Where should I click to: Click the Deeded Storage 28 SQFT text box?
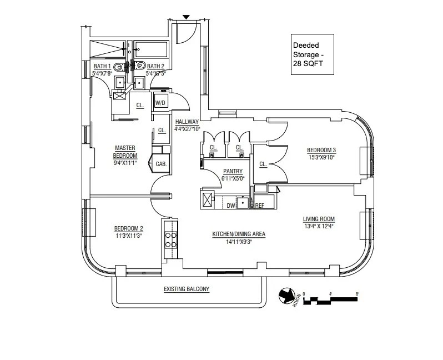tap(314, 54)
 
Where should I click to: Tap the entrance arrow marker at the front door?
tap(186, 18)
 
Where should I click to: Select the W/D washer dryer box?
tap(160, 102)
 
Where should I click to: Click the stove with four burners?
tap(170, 239)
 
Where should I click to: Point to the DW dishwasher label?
tap(231, 206)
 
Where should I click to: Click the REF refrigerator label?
tap(259, 206)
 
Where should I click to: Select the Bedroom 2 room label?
tap(129, 232)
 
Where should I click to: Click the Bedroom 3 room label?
tap(321, 153)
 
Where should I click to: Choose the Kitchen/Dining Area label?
tap(239, 237)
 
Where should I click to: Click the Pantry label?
tap(232, 175)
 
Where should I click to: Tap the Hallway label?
tap(186, 124)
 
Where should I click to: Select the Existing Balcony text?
tap(186, 289)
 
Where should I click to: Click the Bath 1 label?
tap(102, 69)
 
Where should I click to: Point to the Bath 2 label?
tap(155, 69)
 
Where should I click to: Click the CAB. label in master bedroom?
tap(161, 164)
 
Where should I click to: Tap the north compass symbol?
tap(288, 296)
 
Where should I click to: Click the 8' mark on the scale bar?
tap(357, 294)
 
